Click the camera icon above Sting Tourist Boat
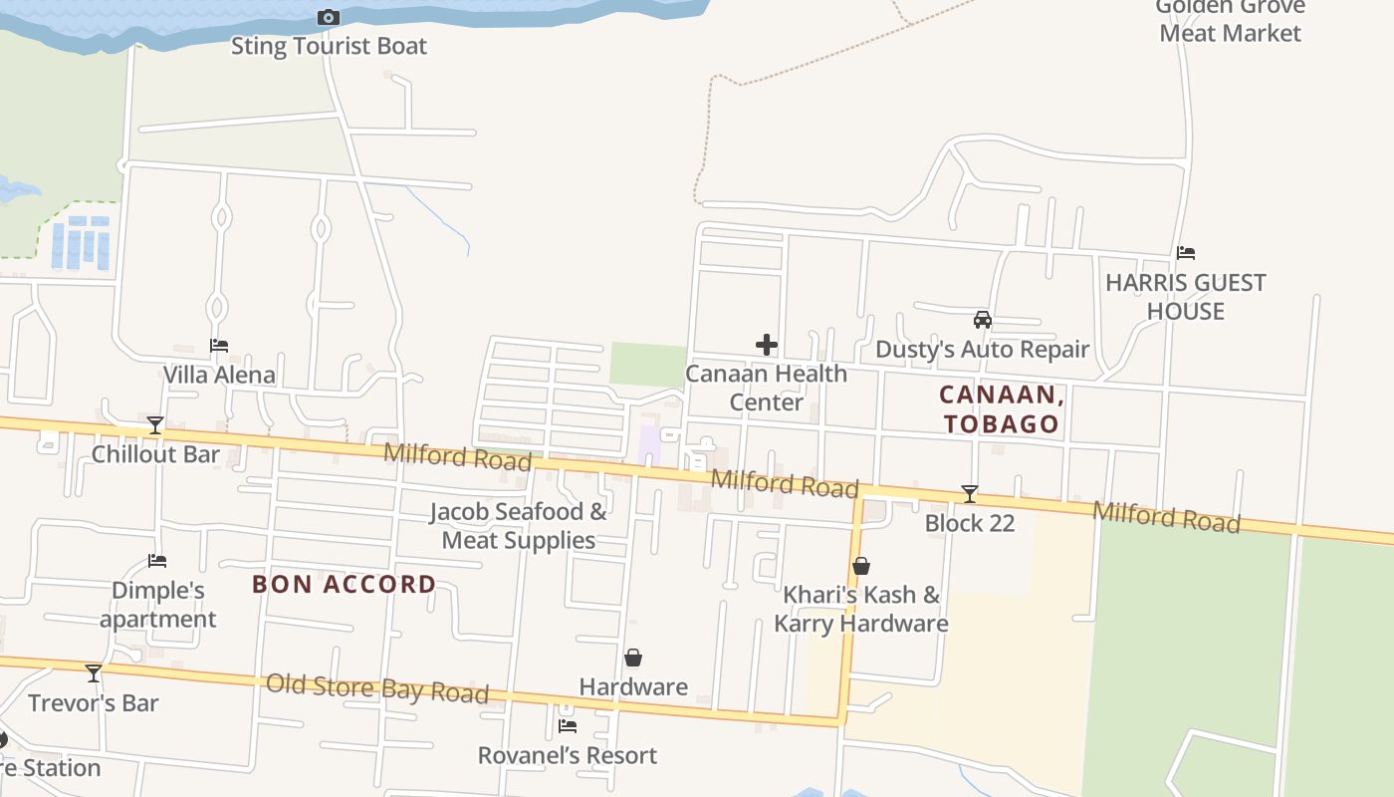point(328,17)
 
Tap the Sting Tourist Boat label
point(329,46)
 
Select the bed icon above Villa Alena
point(219,346)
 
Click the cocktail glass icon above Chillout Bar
point(155,425)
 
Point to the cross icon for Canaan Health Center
point(766,345)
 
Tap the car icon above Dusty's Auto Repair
point(982,320)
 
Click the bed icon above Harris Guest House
point(1185,253)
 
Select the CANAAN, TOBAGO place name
point(1002,409)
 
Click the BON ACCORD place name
point(345,584)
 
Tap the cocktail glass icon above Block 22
point(969,494)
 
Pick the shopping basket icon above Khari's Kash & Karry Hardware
point(861,566)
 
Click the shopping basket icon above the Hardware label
point(633,658)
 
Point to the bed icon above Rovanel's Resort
point(568,725)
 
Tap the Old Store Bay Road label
point(377,688)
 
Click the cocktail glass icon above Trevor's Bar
point(94,673)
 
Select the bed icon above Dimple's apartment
point(157,561)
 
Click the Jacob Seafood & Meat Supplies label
point(519,526)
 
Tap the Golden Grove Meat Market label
point(1230,20)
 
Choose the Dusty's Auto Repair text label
point(982,350)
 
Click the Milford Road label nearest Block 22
point(1166,517)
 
